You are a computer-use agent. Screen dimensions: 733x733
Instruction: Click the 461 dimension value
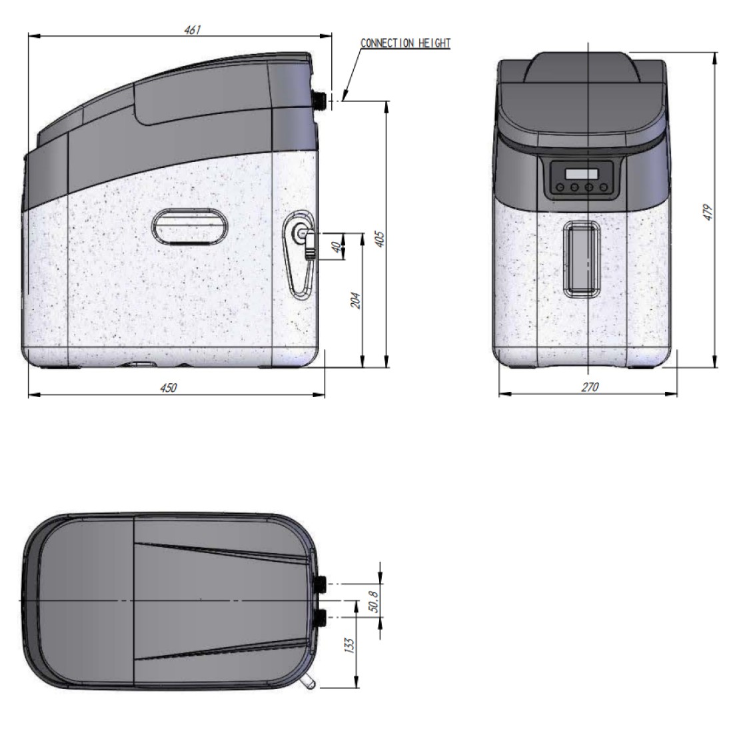tap(192, 30)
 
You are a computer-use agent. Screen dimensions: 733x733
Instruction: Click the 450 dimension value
tap(169, 388)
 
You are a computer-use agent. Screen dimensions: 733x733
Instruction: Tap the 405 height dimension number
tap(380, 239)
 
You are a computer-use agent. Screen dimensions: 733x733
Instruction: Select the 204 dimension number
tap(356, 300)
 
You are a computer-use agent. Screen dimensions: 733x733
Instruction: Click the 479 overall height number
tap(708, 212)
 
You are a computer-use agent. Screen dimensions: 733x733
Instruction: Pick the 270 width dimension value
tap(590, 387)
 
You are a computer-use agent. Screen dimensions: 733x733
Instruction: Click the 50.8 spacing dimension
tap(374, 601)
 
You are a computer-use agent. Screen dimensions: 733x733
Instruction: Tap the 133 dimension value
tap(349, 645)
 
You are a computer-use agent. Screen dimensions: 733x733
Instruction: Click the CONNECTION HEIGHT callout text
tap(405, 43)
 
